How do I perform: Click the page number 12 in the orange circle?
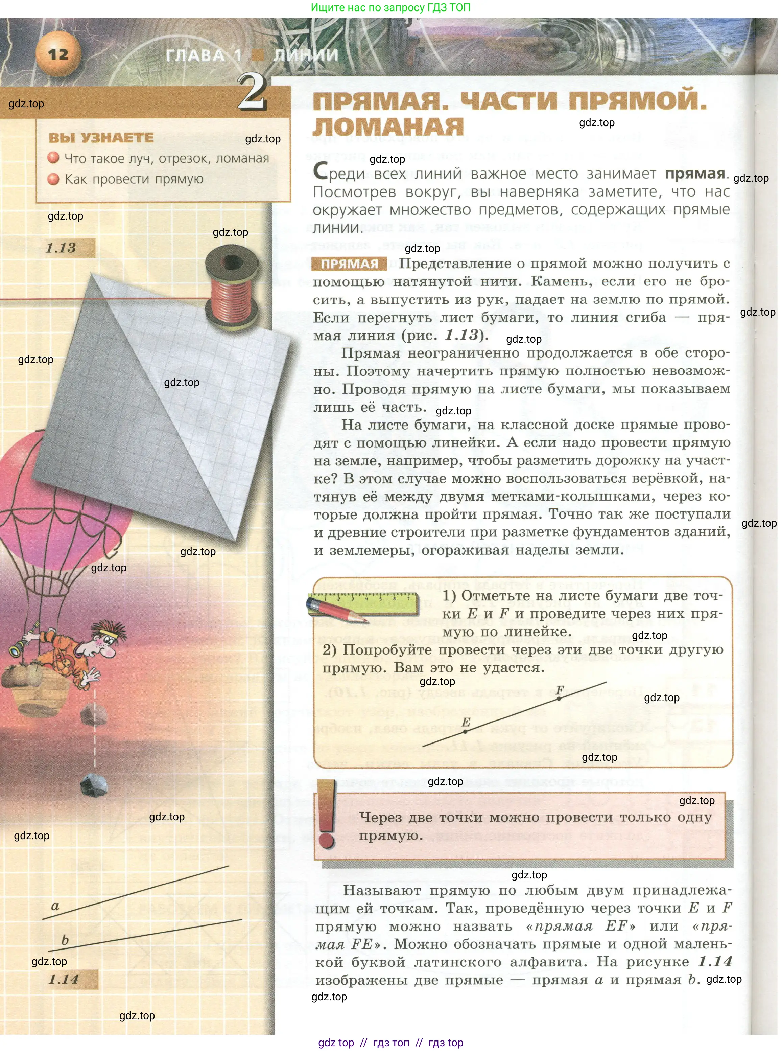58,54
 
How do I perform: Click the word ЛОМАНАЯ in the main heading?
388,127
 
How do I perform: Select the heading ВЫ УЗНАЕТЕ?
101,138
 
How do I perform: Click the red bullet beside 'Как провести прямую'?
53,179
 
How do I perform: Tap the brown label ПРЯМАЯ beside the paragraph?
349,264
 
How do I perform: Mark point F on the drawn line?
559,698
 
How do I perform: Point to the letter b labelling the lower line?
65,940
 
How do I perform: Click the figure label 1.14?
64,979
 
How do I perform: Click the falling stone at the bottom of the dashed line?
94,785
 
